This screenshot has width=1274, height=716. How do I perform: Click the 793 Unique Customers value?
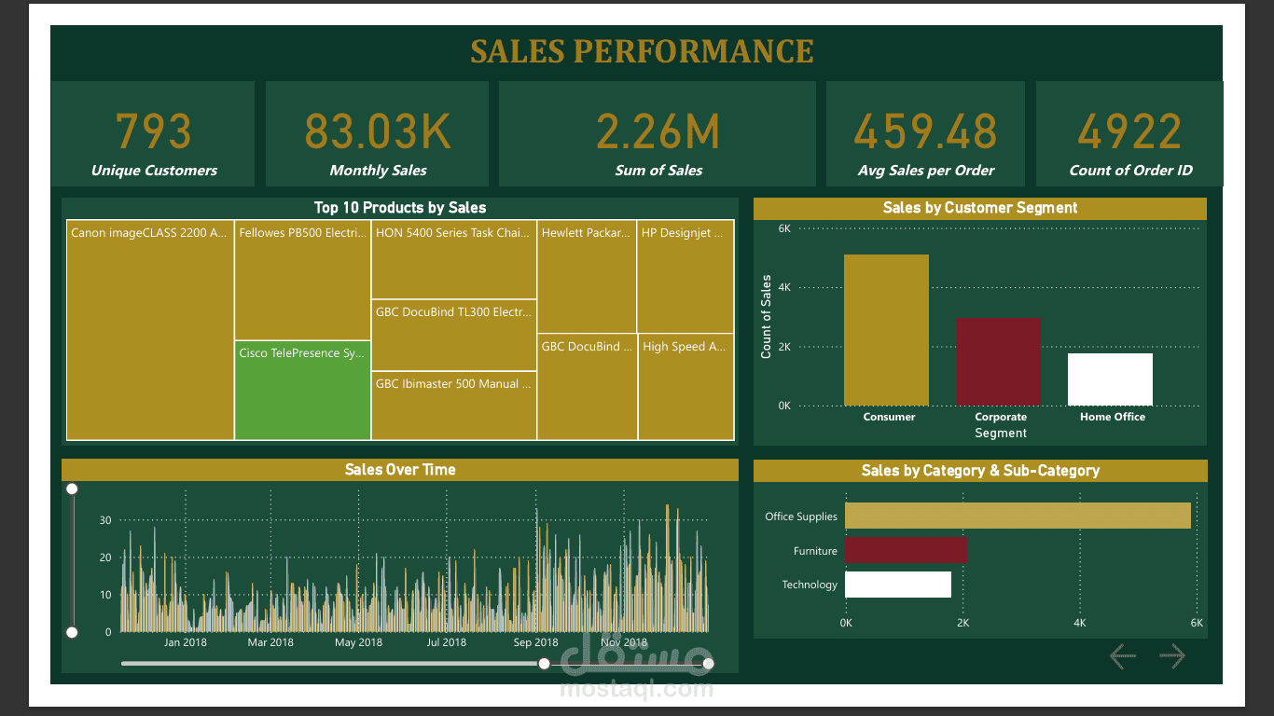[x=154, y=131]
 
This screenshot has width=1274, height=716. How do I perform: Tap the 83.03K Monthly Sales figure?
[x=378, y=131]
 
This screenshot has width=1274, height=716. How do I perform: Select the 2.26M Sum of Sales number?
[x=658, y=131]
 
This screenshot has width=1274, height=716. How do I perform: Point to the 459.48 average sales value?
[x=925, y=131]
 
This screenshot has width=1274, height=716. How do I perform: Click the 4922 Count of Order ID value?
[x=1130, y=131]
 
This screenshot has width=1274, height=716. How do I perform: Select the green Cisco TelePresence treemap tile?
[x=302, y=390]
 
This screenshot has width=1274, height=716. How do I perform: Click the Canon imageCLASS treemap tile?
[x=149, y=330]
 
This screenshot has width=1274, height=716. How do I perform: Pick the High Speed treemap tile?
[x=685, y=386]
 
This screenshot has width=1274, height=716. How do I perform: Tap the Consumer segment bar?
[x=886, y=330]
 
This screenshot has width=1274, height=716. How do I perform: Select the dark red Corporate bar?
[x=998, y=362]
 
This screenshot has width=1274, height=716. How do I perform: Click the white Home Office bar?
[x=1110, y=379]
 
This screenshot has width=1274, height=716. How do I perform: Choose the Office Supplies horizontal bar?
[x=1018, y=516]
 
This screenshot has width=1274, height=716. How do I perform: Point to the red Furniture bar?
[x=906, y=550]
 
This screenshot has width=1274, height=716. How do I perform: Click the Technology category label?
[x=810, y=585]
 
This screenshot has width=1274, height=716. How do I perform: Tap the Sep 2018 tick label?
[x=535, y=642]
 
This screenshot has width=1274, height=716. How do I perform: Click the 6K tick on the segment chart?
[x=784, y=228]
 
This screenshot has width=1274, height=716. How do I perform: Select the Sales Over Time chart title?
[x=400, y=470]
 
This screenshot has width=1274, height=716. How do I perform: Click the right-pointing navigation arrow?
[x=1172, y=656]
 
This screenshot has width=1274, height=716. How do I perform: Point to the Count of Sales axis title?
[x=767, y=317]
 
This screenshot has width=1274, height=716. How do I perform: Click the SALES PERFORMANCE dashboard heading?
[x=642, y=51]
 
